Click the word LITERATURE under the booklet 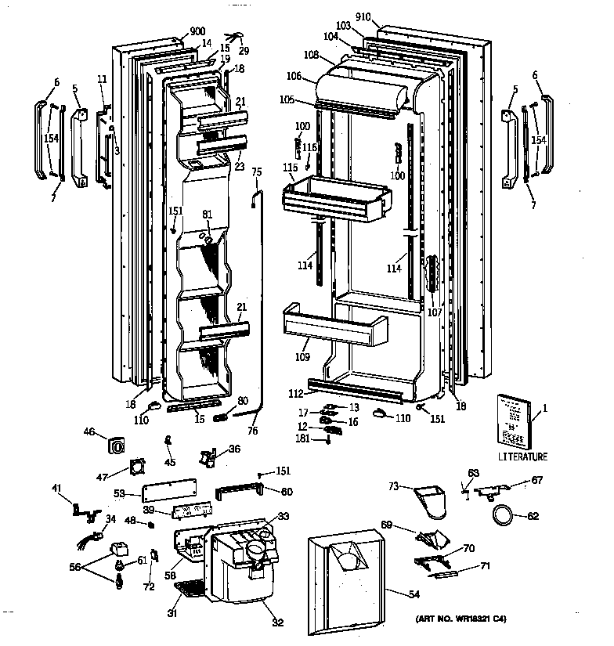pyautogui.click(x=522, y=457)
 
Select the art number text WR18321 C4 pyautogui.click(x=462, y=619)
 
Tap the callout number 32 pyautogui.click(x=278, y=623)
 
